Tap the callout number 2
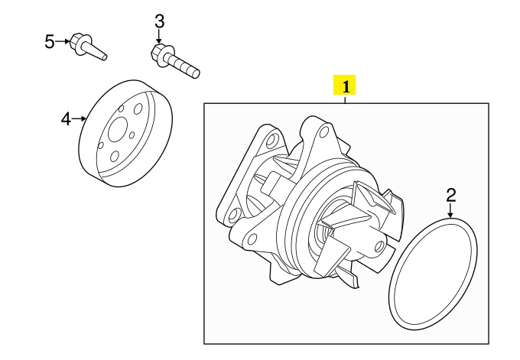click(451, 195)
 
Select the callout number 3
click(160, 21)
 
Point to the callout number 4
click(66, 119)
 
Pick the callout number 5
click(49, 42)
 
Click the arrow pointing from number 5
click(63, 41)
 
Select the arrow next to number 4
click(80, 118)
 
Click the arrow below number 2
click(450, 210)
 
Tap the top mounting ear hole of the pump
click(322, 132)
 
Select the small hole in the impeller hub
click(379, 245)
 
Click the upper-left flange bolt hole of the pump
click(272, 141)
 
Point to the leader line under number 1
click(345, 99)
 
